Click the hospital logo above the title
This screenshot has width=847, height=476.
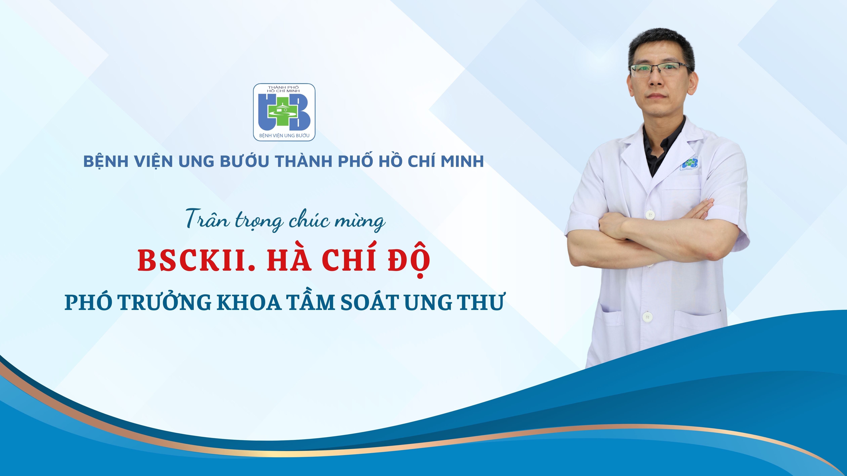284,112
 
